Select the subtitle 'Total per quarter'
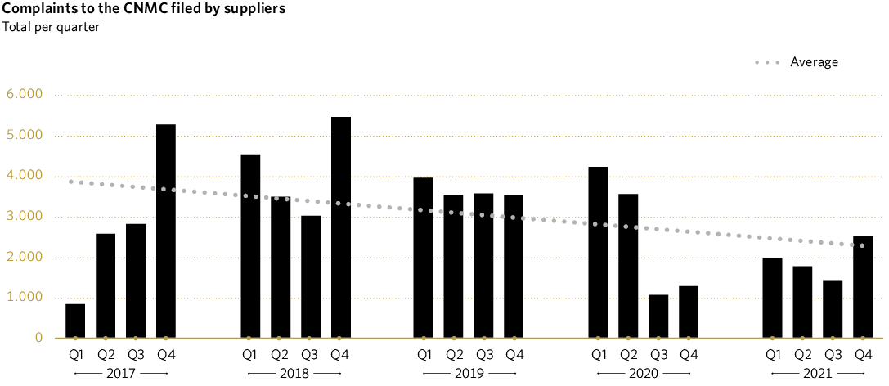tap(51, 26)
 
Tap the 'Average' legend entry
tap(813, 62)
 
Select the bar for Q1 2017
tap(75, 321)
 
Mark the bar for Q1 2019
tap(424, 258)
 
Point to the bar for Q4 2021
tap(863, 287)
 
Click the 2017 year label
tap(120, 374)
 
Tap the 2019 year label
tap(469, 374)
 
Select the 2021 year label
tap(818, 374)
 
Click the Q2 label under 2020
tap(629, 355)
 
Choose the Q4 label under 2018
tap(340, 355)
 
